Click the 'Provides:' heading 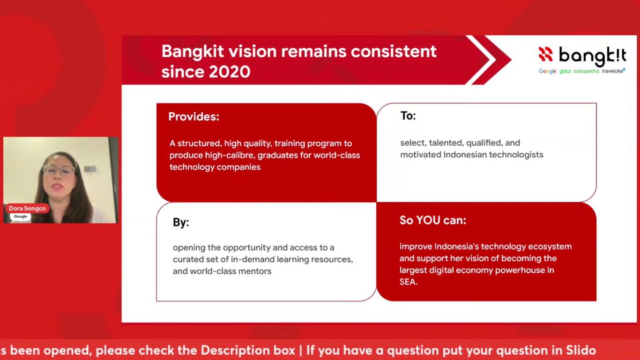pyautogui.click(x=193, y=117)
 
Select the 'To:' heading pyautogui.click(x=408, y=116)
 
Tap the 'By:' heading pyautogui.click(x=181, y=223)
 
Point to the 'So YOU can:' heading pyautogui.click(x=433, y=220)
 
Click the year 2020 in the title pyautogui.click(x=230, y=72)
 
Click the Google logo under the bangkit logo pyautogui.click(x=547, y=71)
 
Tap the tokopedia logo pyautogui.click(x=586, y=71)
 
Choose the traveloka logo pyautogui.click(x=614, y=71)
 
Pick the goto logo pyautogui.click(x=565, y=72)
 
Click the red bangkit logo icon pyautogui.click(x=545, y=54)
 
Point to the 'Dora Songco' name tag pyautogui.click(x=27, y=208)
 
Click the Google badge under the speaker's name pyautogui.click(x=20, y=217)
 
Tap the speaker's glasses pyautogui.click(x=59, y=170)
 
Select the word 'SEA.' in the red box pyautogui.click(x=408, y=282)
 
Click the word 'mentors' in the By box pyautogui.click(x=255, y=271)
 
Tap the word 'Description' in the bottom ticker pyautogui.click(x=247, y=351)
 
